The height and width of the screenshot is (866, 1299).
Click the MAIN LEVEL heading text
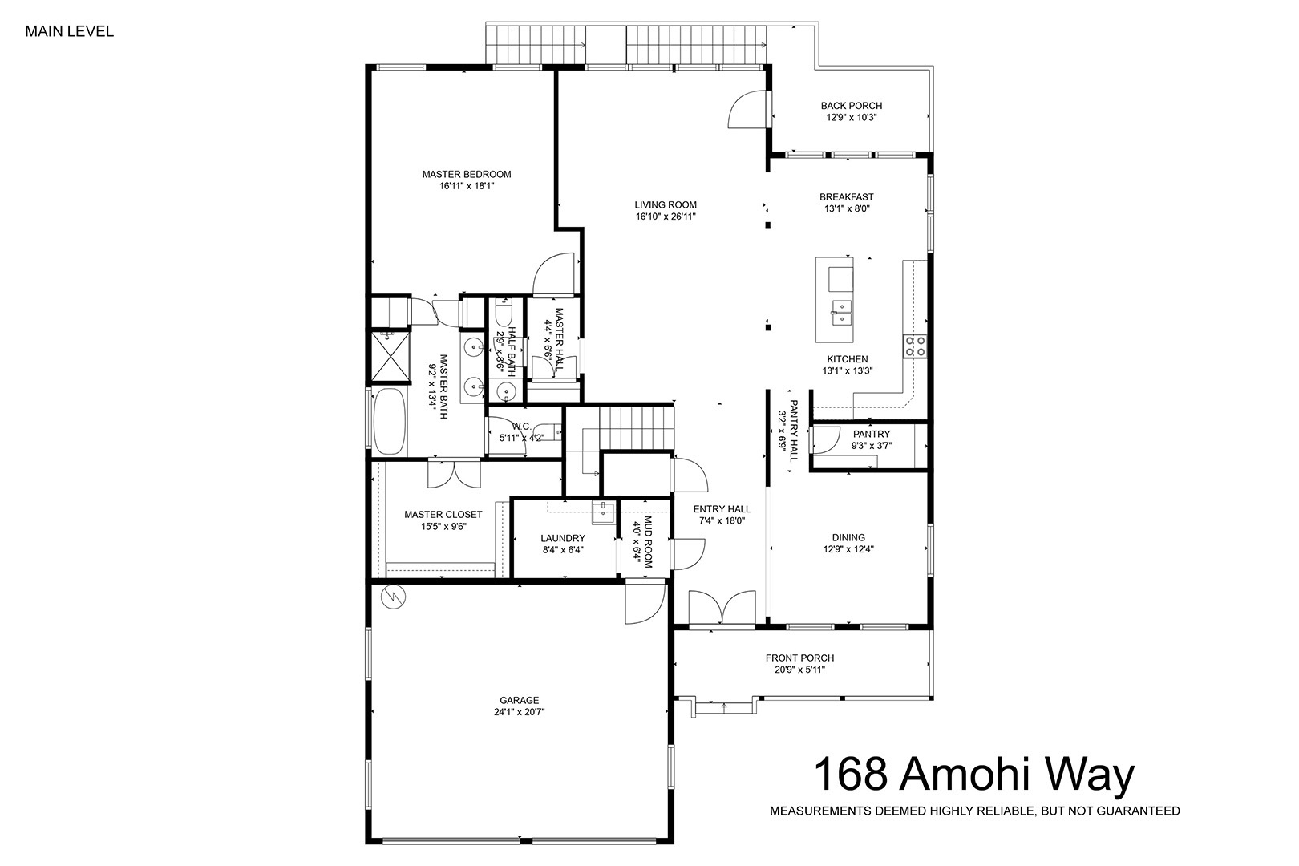pos(69,31)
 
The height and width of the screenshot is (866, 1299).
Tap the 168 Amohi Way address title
pos(973,774)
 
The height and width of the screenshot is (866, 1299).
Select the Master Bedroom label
pos(466,174)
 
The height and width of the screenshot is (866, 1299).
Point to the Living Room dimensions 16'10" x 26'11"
pos(666,217)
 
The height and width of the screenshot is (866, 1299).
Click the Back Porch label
pos(852,106)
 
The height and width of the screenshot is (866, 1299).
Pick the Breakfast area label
pos(846,197)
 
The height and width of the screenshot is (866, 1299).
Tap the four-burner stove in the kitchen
pos(915,346)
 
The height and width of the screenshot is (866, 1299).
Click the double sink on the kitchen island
pos(842,313)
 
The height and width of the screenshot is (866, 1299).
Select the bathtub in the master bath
pos(390,421)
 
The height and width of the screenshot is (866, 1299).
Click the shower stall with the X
pos(390,357)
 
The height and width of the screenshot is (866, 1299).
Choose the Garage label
pos(519,700)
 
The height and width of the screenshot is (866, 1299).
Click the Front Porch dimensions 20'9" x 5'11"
pos(799,670)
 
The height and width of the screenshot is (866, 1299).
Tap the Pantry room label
pos(871,434)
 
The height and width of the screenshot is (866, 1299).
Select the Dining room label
pos(848,538)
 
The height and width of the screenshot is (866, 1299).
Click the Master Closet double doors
pos(454,473)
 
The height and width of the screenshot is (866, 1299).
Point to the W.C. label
pos(521,427)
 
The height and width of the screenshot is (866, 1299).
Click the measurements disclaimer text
pos(975,811)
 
